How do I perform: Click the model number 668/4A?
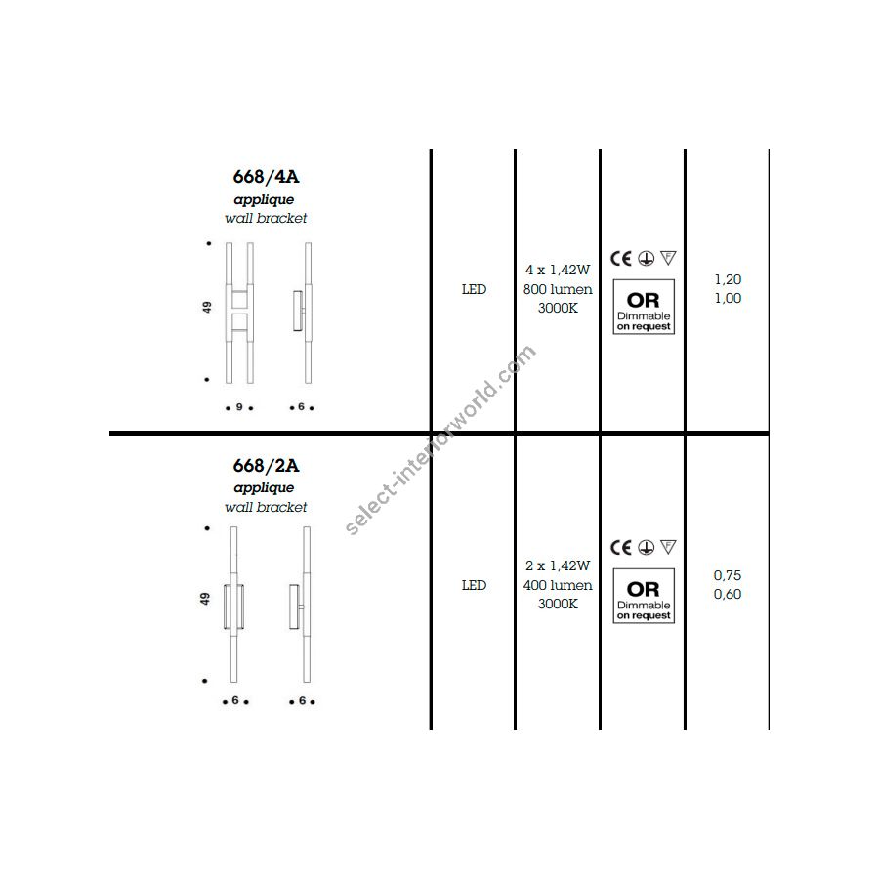coord(266,177)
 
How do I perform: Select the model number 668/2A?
coord(266,465)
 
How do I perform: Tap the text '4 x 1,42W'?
coord(558,270)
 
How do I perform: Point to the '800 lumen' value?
coord(558,289)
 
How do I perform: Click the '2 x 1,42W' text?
coord(558,565)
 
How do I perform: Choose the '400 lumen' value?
coord(558,585)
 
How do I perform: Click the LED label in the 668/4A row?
coord(474,289)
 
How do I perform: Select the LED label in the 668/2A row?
coord(474,585)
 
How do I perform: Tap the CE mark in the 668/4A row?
coord(621,259)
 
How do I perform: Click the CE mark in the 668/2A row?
coord(621,547)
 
